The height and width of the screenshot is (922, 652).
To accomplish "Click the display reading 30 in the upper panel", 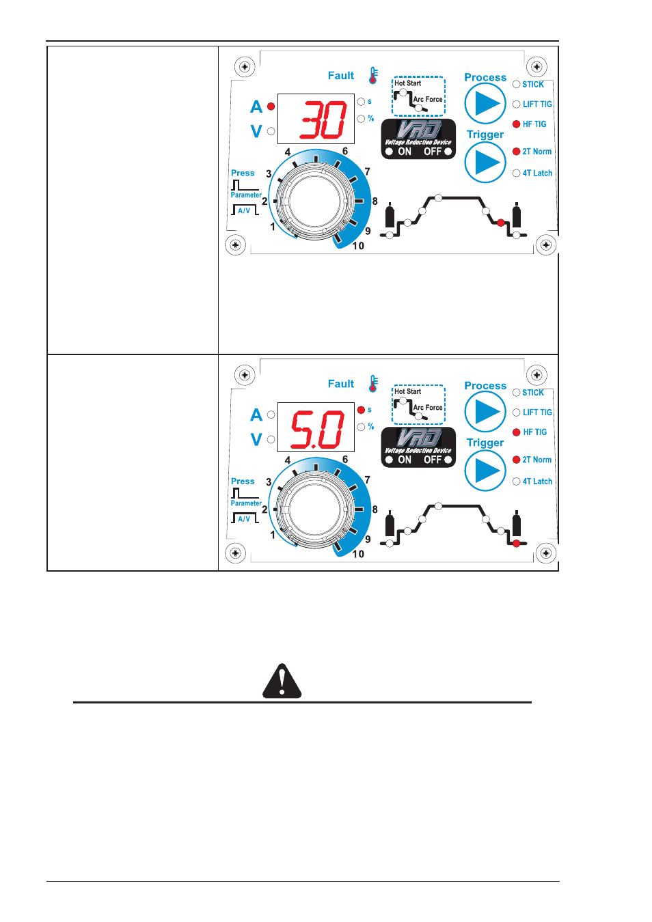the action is tap(316, 120).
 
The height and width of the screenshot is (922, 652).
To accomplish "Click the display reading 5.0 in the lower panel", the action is tap(316, 428).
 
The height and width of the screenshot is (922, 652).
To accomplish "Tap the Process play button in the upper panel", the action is tap(485, 104).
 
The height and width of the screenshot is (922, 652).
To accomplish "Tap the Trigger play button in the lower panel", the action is tap(485, 471).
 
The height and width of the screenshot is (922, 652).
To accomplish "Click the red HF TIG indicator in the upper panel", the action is tap(517, 124).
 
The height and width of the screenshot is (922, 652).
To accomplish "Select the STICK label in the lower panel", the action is tap(533, 393).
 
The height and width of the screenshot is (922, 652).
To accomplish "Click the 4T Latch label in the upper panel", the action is tap(537, 173).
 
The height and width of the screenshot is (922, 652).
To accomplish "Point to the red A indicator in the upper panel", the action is tap(271, 107).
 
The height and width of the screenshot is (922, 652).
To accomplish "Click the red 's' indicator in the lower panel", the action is tap(361, 410).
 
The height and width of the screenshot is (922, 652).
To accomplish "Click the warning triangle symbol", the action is tap(282, 681).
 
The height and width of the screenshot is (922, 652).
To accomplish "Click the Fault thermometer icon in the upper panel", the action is tap(373, 76).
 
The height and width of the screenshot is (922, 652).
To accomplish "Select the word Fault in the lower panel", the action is tap(341, 384).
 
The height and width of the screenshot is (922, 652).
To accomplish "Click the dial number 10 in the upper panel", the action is tap(358, 246).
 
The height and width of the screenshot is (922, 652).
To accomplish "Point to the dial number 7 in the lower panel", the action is tap(367, 480).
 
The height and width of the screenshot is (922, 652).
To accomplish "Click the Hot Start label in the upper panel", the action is tap(407, 83).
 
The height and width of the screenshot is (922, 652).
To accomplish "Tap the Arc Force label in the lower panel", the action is tap(428, 408).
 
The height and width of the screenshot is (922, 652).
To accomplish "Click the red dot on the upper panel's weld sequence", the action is tap(501, 223).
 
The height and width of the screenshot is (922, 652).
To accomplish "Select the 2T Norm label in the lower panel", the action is tap(537, 460).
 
